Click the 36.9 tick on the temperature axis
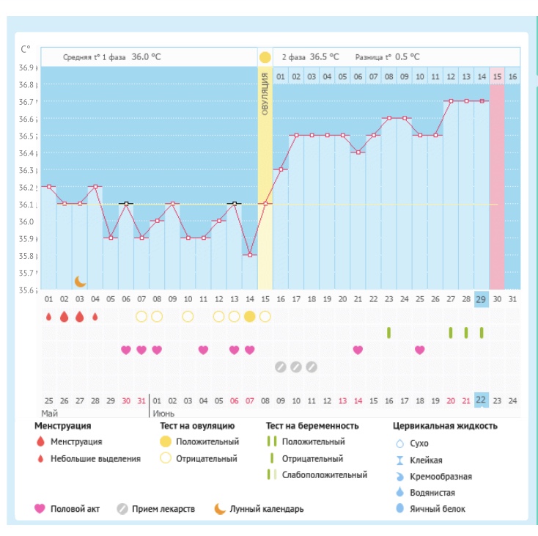pos(26,67)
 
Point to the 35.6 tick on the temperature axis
pos(26,290)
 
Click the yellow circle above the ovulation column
pos(265,56)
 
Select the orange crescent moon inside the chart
pos(80,281)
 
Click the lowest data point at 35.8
pos(250,254)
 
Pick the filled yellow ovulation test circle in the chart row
pos(250,316)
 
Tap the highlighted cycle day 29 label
pos(482,299)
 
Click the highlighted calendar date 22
pos(482,400)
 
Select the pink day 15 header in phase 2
pos(497,76)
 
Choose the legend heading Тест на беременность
pos(312,425)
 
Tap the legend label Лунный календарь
pos(266,509)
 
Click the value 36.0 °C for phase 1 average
pos(146,56)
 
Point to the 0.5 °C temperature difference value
pos(408,56)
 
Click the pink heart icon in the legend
pos(40,509)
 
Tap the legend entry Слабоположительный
pos(324,474)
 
